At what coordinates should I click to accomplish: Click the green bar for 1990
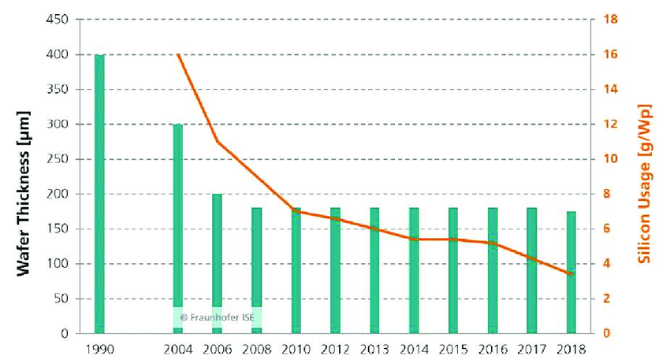click(x=99, y=194)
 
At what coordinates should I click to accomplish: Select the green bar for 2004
click(x=178, y=228)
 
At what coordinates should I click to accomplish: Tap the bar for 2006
click(x=218, y=263)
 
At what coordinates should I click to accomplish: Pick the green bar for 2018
click(x=571, y=272)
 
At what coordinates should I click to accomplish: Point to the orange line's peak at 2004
click(x=178, y=54)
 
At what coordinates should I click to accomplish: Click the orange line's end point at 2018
click(x=571, y=274)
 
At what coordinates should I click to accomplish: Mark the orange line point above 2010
click(x=296, y=211)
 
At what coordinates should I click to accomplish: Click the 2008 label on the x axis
click(x=256, y=347)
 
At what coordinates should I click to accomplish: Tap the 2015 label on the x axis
click(x=453, y=347)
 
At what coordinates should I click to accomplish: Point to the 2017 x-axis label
click(x=532, y=347)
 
